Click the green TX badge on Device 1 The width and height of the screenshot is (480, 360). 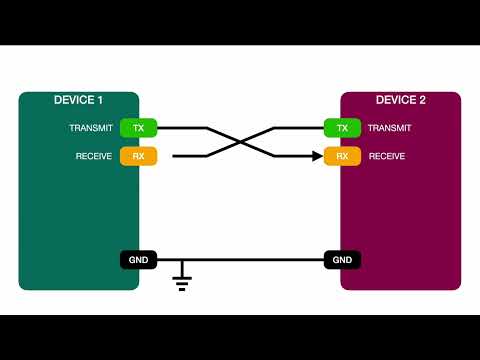(139, 128)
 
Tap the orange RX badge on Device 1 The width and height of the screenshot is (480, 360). (139, 156)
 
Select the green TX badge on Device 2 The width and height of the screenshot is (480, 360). (342, 128)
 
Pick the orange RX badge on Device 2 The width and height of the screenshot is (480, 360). (342, 156)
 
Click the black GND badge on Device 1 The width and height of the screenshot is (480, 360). (139, 260)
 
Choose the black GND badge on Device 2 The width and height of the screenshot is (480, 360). (342, 260)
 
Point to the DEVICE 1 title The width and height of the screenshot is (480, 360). (78, 100)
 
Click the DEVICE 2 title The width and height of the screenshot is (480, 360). (400, 100)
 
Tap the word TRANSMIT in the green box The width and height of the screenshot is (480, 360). (91, 128)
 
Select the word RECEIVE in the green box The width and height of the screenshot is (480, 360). (94, 156)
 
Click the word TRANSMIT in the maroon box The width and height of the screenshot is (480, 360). (390, 128)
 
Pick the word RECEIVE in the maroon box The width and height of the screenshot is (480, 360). (387, 156)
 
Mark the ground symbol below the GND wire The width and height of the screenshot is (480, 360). (182, 278)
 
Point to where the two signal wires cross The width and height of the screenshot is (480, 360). (241, 142)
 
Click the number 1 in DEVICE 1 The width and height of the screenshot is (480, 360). (100, 100)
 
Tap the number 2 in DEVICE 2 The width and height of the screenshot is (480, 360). (423, 100)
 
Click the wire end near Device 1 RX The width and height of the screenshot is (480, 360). (175, 156)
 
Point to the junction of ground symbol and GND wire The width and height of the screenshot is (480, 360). (182, 260)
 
